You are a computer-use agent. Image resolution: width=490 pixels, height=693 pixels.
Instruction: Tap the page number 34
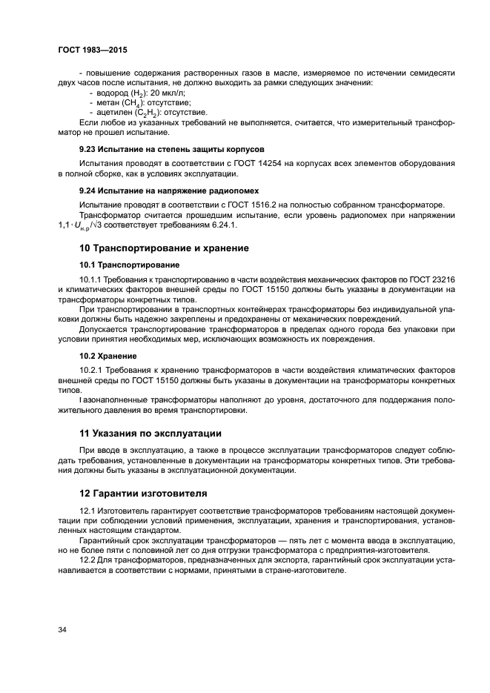pyautogui.click(x=63, y=630)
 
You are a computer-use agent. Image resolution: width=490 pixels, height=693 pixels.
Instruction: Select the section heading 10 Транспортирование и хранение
pyautogui.click(x=164, y=248)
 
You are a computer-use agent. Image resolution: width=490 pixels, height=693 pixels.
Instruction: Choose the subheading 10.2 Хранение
pyautogui.click(x=104, y=356)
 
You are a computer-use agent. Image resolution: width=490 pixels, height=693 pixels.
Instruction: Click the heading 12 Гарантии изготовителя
pyautogui.click(x=143, y=493)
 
